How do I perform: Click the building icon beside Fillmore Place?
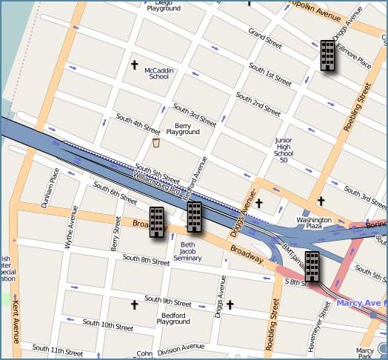(x=327, y=56)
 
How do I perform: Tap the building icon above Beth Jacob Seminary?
(x=195, y=216)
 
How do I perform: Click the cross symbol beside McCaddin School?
(x=135, y=65)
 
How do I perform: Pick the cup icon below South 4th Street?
(x=156, y=142)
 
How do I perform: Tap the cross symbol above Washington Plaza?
(x=321, y=201)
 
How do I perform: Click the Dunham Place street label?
(x=53, y=187)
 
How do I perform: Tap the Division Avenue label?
(x=180, y=347)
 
